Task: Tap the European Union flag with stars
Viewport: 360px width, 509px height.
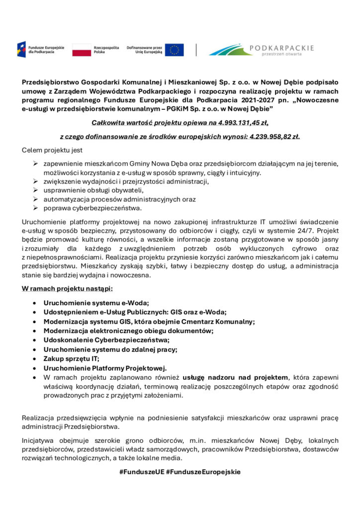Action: click(x=175, y=49)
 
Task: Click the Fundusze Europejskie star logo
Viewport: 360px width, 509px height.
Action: click(x=22, y=49)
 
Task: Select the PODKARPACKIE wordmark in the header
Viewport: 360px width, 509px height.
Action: click(x=281, y=48)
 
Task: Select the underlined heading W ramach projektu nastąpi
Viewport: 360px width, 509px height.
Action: click(x=67, y=288)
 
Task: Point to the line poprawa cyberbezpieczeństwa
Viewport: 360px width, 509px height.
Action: click(x=92, y=208)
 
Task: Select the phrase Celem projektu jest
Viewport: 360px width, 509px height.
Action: click(x=52, y=150)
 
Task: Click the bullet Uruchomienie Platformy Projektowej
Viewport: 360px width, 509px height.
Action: click(x=105, y=368)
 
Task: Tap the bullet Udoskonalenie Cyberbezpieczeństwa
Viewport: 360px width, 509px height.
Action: click(x=106, y=340)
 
